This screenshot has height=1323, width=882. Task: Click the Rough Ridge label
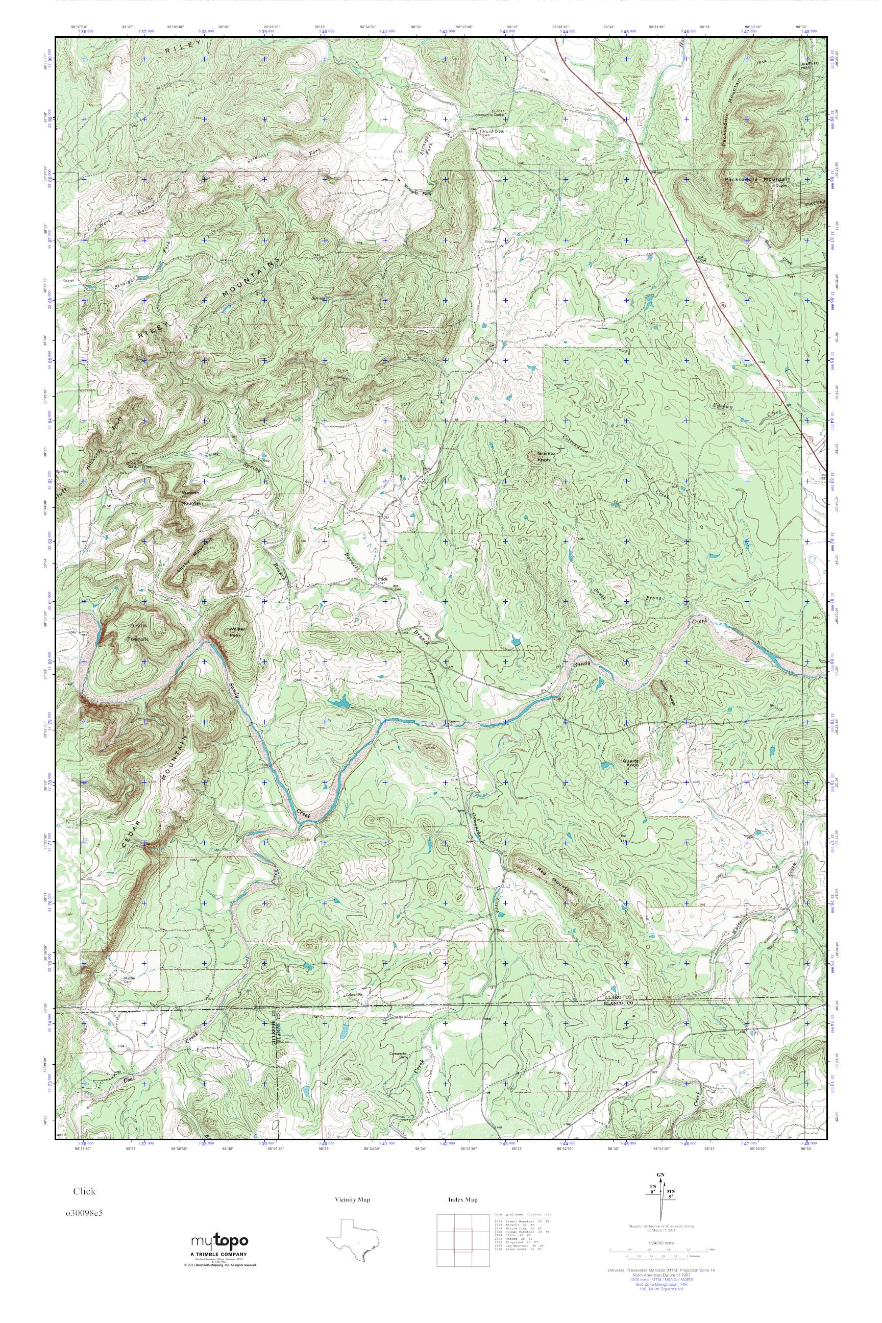point(667,685)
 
